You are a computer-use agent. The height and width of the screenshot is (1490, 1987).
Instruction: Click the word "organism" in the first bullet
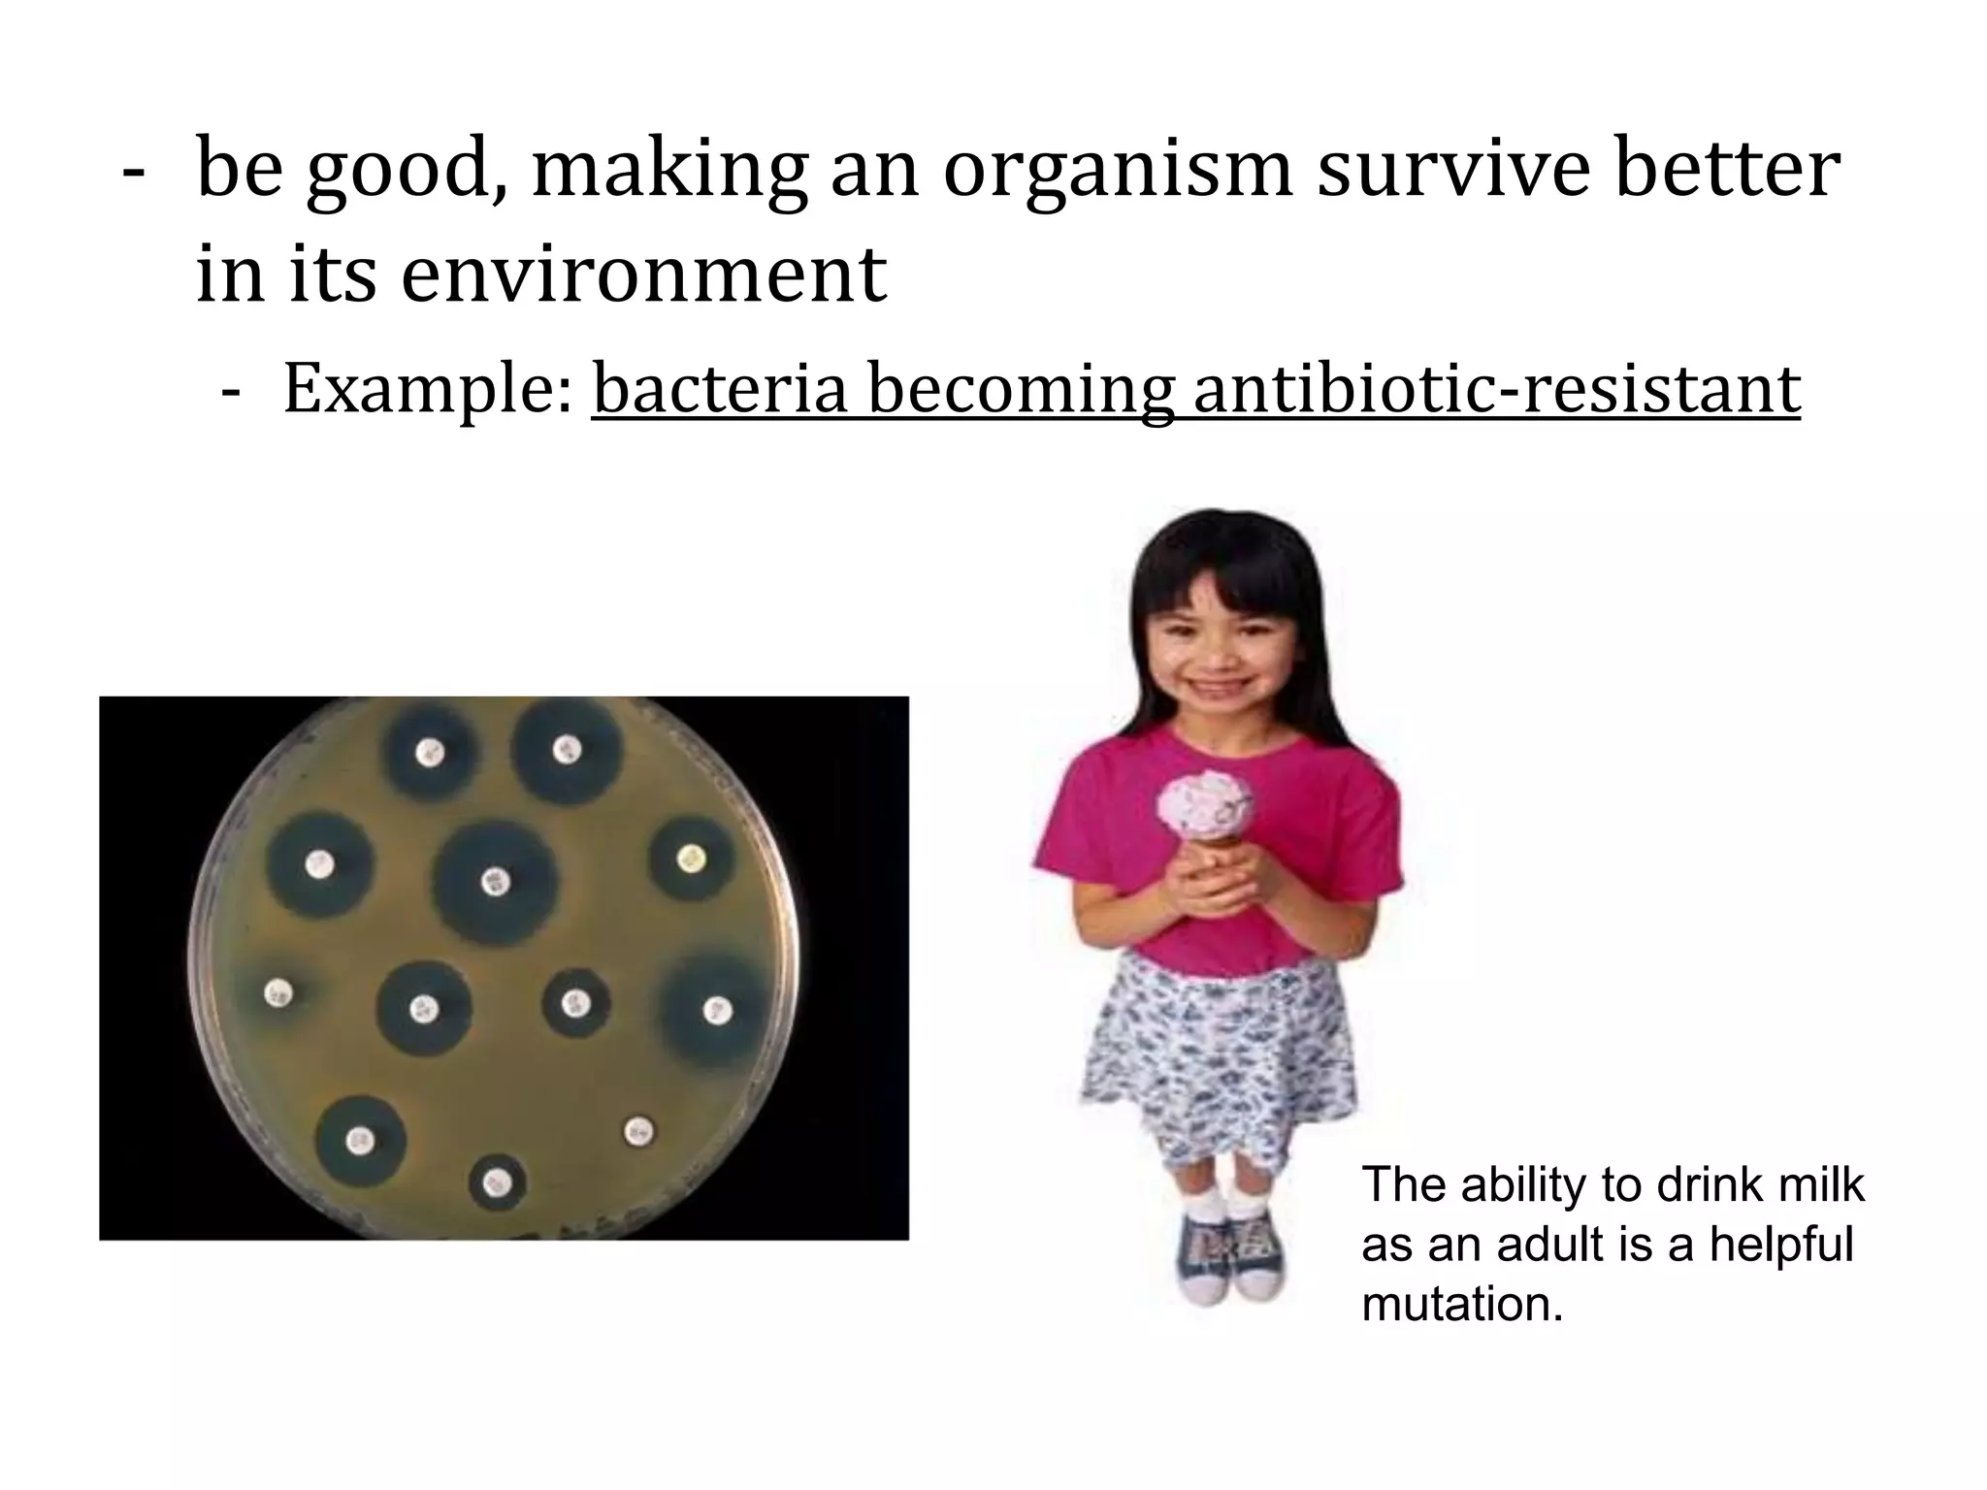coord(1117,171)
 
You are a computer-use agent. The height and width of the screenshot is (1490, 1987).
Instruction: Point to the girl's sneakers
coord(1232,1256)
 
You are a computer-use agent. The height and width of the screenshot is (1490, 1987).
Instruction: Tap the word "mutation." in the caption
coord(1462,1304)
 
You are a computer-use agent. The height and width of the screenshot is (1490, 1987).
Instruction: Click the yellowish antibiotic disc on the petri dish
coord(690,858)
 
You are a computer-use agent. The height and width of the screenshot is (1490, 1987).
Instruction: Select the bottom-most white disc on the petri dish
coord(498,1183)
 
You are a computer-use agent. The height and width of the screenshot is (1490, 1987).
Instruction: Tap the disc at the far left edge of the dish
coord(278,992)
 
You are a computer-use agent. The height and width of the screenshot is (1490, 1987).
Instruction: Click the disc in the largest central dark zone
coord(495,881)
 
